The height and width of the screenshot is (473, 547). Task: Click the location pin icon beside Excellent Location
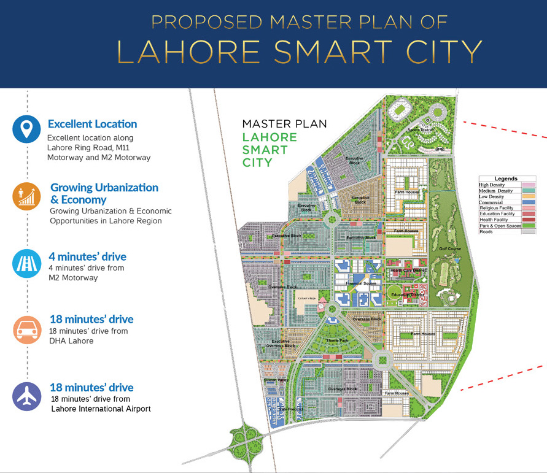point(26,129)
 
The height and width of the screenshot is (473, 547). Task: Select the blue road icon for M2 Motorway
point(26,263)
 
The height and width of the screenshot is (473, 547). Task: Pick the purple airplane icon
point(26,397)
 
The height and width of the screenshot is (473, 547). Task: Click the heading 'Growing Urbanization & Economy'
point(104,193)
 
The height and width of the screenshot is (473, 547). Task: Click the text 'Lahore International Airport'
point(101,408)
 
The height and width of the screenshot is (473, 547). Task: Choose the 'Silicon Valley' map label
point(276,380)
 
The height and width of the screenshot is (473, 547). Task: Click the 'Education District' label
point(408,294)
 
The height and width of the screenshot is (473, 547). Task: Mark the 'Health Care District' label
point(408,271)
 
